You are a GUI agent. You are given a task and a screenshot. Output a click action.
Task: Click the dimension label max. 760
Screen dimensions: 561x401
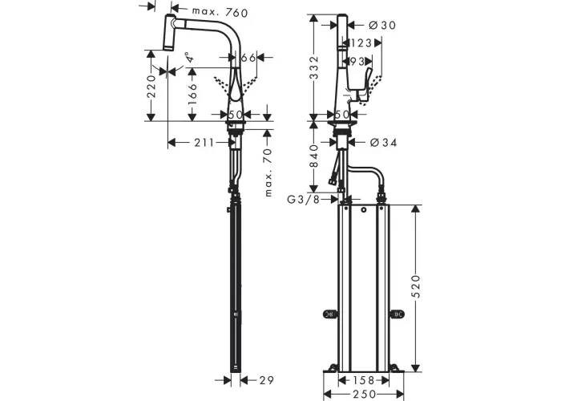(220, 12)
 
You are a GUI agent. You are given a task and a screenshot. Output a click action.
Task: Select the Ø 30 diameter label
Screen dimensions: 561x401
(382, 25)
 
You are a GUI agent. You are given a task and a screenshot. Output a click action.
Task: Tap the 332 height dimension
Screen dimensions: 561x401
(314, 68)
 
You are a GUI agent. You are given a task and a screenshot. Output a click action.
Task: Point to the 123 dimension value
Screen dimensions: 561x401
(361, 43)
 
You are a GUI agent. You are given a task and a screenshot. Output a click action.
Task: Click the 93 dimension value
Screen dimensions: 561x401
(357, 62)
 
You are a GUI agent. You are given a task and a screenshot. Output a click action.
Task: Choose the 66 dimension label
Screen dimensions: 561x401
(248, 57)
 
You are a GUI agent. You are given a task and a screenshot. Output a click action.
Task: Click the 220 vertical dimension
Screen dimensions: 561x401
(151, 87)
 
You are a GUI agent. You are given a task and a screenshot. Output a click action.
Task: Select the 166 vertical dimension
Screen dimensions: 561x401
(192, 94)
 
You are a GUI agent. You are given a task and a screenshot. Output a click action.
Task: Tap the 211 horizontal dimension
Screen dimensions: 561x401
(204, 143)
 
